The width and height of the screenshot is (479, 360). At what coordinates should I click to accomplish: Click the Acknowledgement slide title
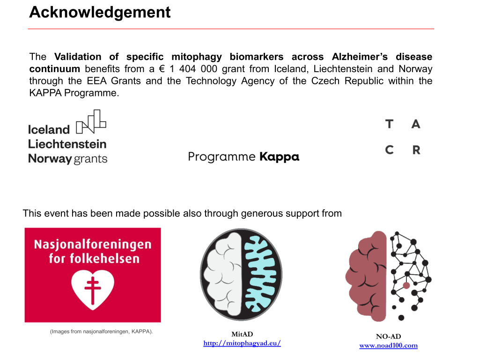100,12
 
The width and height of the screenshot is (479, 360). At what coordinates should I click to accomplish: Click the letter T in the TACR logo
389,124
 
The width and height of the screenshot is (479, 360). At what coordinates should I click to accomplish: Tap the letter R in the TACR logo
416,150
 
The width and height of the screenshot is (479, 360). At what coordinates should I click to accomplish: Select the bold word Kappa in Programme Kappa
279,157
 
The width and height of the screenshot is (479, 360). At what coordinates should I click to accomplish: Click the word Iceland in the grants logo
49,130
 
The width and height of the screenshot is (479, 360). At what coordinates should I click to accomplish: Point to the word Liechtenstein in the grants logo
67,144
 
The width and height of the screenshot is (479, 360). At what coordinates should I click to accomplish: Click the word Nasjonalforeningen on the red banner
93,244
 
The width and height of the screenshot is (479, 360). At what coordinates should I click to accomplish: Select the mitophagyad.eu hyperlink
242,343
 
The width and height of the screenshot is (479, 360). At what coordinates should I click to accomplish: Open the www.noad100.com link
388,345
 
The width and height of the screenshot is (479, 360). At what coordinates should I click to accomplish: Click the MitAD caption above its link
242,334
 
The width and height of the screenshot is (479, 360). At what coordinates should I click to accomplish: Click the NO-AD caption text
388,336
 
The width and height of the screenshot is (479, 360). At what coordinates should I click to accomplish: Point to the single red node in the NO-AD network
406,285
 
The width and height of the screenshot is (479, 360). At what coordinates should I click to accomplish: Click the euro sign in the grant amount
163,69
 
